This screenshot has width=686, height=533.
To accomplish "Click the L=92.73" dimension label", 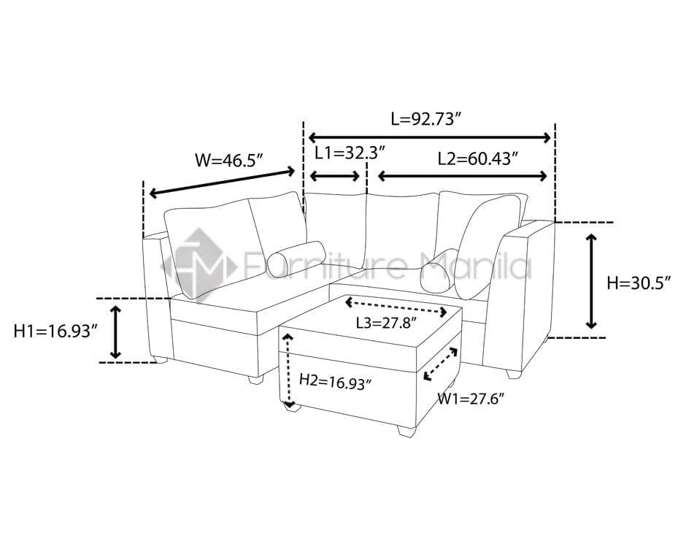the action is [x=427, y=120].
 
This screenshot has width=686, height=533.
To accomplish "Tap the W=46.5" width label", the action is [x=229, y=161].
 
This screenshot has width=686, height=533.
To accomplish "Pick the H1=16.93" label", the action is [x=55, y=331].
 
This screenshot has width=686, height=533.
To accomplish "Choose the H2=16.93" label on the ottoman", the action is [x=335, y=382].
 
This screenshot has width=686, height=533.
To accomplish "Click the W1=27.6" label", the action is [x=471, y=399].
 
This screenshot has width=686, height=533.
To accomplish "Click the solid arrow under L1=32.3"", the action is [x=335, y=177].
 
